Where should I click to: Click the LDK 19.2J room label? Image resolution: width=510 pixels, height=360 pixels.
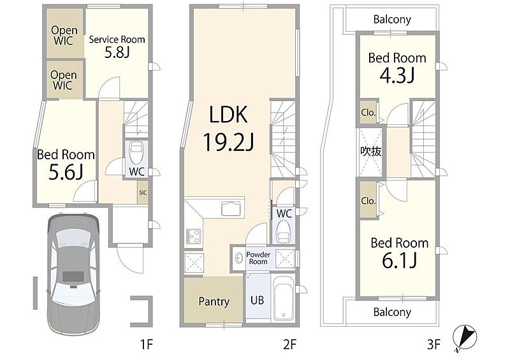pyautogui.click(x=229, y=129)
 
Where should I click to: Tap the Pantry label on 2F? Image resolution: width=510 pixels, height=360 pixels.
pyautogui.click(x=214, y=302)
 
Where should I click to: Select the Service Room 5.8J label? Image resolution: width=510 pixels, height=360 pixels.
pyautogui.click(x=117, y=47)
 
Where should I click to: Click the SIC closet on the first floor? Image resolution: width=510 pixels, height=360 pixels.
pyautogui.click(x=143, y=192)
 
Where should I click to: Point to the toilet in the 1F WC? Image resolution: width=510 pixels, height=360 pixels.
pyautogui.click(x=136, y=152)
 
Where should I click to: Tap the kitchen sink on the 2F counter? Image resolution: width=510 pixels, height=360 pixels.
pyautogui.click(x=231, y=208)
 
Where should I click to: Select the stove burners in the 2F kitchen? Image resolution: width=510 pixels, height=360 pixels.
pyautogui.click(x=194, y=236)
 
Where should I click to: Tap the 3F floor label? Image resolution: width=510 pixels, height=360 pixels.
pyautogui.click(x=433, y=344)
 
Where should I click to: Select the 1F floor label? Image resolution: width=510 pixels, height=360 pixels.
pyautogui.click(x=147, y=344)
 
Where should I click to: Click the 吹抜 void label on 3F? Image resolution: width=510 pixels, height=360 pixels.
pyautogui.click(x=370, y=151)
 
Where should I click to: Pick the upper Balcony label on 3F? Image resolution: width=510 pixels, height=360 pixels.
pyautogui.click(x=392, y=19)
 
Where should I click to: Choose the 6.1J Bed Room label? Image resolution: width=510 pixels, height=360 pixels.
pyautogui.click(x=400, y=253)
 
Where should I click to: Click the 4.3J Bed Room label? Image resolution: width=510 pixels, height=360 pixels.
pyautogui.click(x=397, y=68)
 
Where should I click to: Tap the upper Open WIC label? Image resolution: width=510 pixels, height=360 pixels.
pyautogui.click(x=64, y=36)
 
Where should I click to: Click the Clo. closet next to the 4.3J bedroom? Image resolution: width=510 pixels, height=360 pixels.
pyautogui.click(x=368, y=112)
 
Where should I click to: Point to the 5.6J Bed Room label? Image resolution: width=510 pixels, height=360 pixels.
pyautogui.click(x=66, y=164)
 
